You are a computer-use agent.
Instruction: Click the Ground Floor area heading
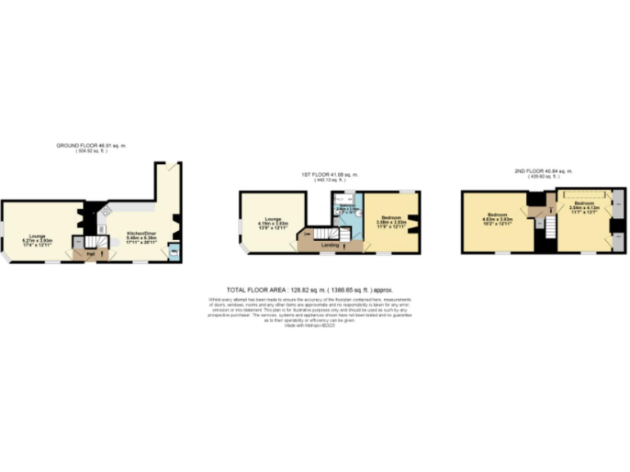[91, 146]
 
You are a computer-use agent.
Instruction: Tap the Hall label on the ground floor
[89, 253]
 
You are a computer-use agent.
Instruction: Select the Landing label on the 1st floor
[331, 244]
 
